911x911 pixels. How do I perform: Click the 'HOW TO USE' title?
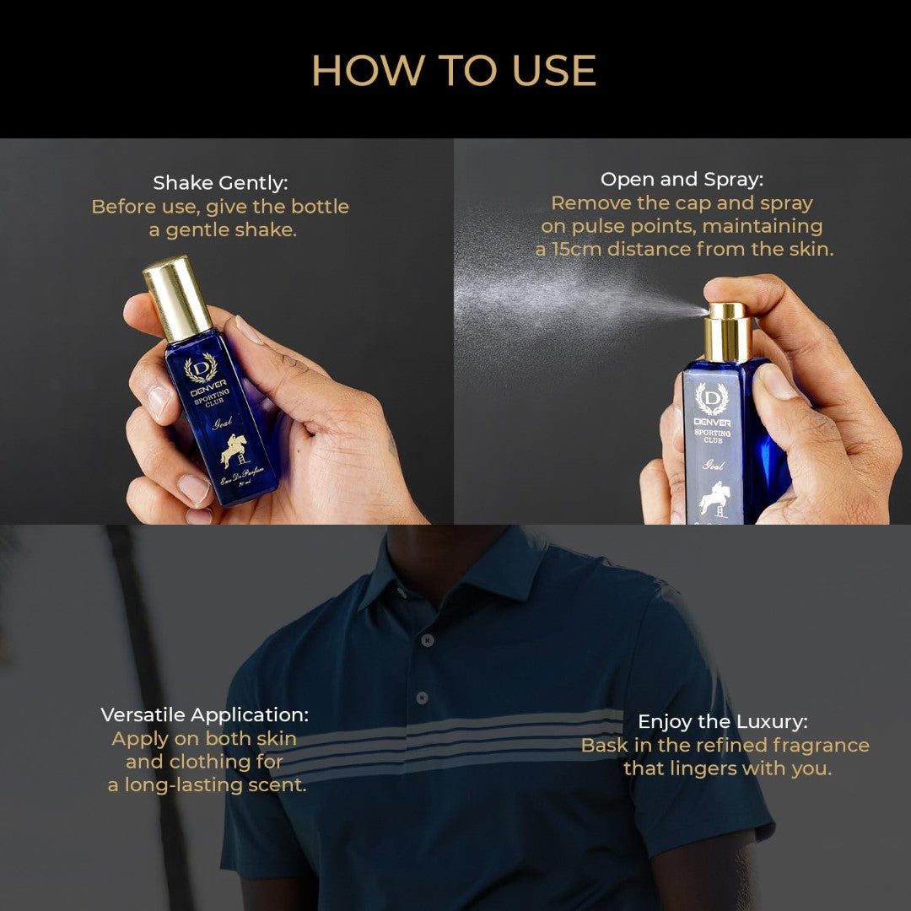(454, 71)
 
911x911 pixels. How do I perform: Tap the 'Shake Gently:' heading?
(219, 183)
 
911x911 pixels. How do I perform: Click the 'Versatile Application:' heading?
(204, 714)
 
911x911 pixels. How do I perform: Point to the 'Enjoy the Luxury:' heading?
(722, 721)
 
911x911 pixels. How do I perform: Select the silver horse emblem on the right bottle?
(713, 499)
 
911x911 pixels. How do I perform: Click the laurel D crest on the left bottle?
(200, 368)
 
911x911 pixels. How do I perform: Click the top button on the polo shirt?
(428, 640)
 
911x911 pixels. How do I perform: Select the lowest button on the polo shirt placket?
(421, 698)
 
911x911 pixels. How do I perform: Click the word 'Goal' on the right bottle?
(714, 465)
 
